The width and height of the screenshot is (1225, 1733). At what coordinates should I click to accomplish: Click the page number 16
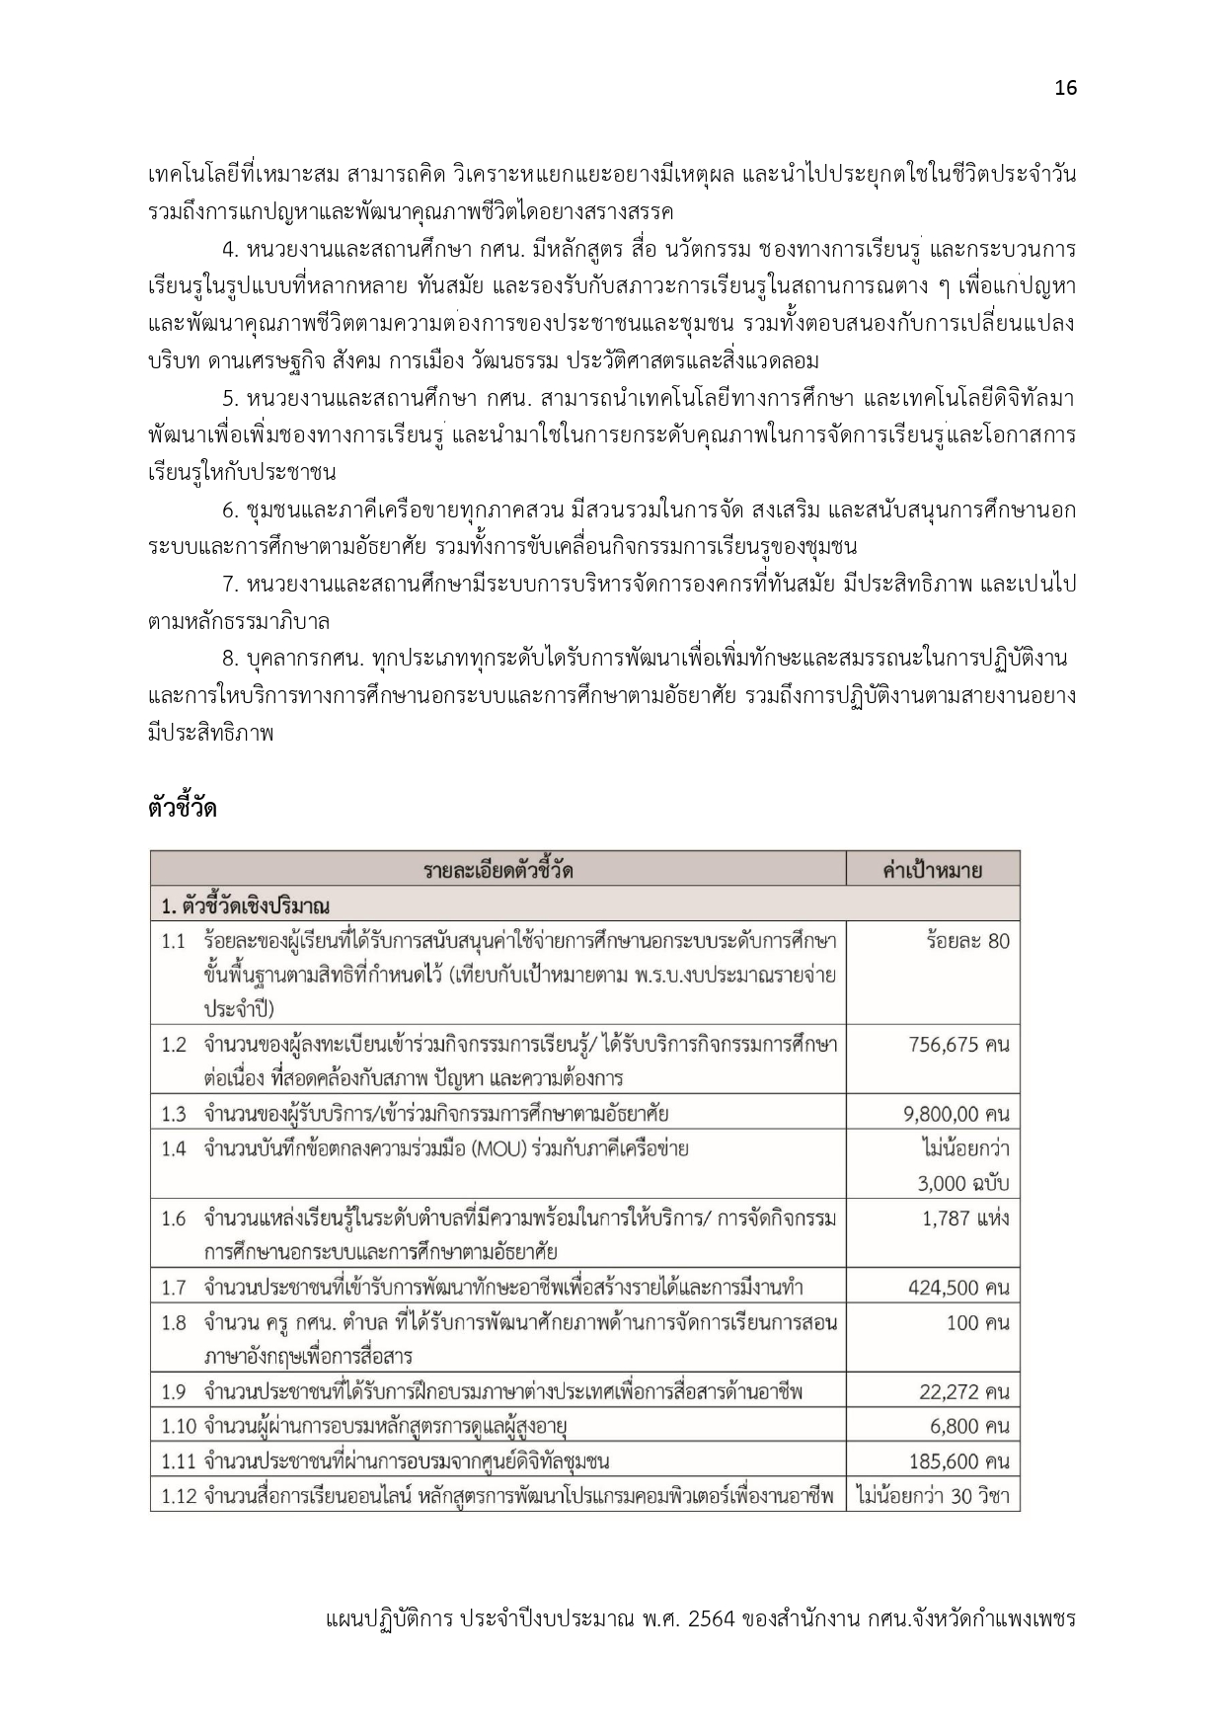[x=1065, y=88]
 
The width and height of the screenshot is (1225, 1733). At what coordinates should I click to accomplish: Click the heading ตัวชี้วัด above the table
[x=182, y=808]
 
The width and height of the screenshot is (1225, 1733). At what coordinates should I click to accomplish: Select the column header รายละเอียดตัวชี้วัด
[x=498, y=870]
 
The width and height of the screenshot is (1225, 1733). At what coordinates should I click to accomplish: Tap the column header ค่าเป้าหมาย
[x=932, y=870]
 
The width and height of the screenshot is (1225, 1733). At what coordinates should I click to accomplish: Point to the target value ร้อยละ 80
[x=967, y=940]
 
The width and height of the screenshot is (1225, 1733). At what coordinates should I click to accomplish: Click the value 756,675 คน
[x=958, y=1045]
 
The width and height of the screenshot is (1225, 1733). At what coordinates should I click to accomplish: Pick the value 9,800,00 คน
[x=956, y=1114]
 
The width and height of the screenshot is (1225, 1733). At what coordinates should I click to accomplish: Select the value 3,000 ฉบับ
[x=962, y=1183]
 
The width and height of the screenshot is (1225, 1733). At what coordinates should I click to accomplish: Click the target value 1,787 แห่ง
[x=965, y=1218]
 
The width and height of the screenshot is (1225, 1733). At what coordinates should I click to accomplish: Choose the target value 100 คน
[x=977, y=1322]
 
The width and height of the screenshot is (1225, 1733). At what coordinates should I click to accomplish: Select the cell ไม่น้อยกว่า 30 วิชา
[x=933, y=1496]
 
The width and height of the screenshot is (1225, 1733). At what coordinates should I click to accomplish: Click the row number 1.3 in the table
[x=174, y=1114]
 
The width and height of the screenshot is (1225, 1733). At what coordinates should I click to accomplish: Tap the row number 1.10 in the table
[x=179, y=1426]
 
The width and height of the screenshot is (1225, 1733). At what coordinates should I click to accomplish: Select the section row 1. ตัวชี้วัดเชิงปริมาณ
[x=246, y=906]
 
